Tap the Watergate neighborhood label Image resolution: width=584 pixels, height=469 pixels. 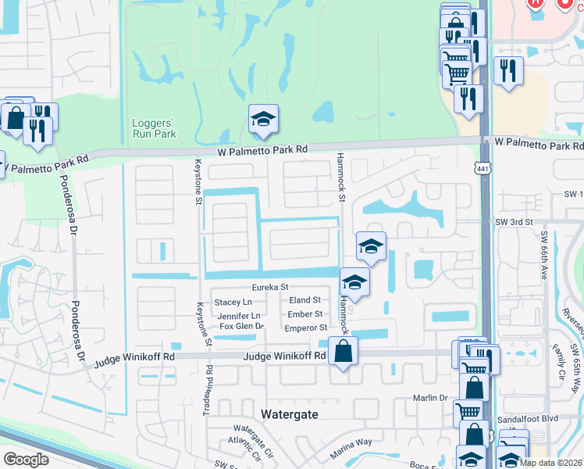pos(289,414)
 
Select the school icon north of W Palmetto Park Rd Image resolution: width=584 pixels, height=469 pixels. pos(264,120)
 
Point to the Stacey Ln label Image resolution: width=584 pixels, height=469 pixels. pos(233,302)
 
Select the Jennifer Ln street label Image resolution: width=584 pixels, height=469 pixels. pos(239,315)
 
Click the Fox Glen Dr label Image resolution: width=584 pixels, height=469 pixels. pos(242,326)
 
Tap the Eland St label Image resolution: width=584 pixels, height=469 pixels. pos(304,300)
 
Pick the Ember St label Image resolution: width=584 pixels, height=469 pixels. pos(304,314)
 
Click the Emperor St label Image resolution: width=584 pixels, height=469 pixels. pos(305,328)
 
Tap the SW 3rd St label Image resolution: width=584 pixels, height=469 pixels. pos(514,222)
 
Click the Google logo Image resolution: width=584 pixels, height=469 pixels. pos(27,460)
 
